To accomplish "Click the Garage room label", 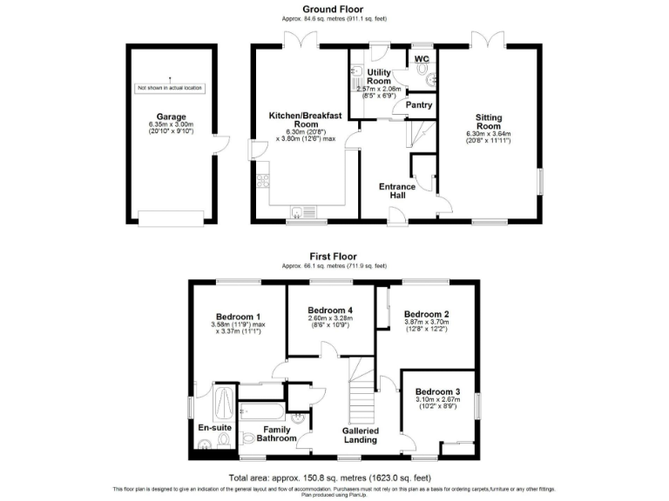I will [171, 117].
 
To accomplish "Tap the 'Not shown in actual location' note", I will [171, 88].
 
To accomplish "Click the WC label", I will [422, 59].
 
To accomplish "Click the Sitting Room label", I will [488, 121].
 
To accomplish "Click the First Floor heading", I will [333, 257].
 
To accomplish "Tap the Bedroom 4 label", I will [330, 311].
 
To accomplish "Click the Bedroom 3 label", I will [437, 391].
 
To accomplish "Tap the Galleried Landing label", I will [358, 434].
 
